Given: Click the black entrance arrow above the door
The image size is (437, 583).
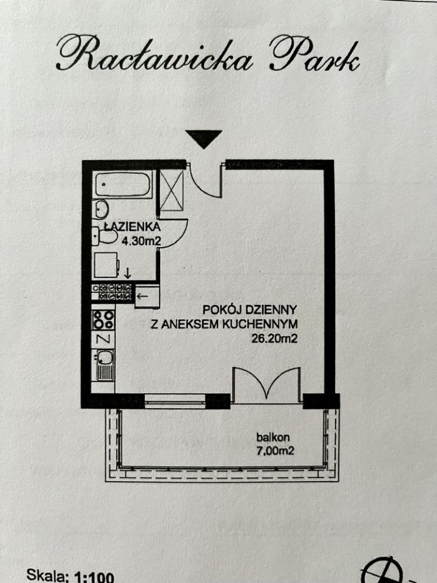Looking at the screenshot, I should tap(203, 139).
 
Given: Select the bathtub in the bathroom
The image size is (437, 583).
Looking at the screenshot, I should tap(123, 185).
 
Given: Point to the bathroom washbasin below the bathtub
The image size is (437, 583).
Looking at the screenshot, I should tap(101, 209).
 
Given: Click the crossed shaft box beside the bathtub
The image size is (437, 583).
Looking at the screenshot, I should tap(171, 191).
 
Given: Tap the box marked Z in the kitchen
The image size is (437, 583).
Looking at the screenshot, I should tap(102, 339).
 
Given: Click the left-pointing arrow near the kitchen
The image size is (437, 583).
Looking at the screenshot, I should tap(143, 296).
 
